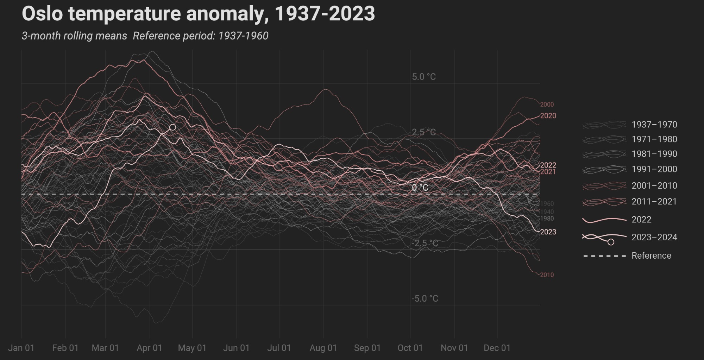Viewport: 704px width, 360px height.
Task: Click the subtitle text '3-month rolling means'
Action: point(74,36)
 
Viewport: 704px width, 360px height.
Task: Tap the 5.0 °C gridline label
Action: point(424,77)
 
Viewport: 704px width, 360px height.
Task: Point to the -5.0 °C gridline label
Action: point(425,298)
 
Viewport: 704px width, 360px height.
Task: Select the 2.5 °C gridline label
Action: point(424,132)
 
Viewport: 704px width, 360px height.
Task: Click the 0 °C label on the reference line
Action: point(420,188)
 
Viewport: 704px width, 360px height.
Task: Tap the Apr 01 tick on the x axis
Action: point(149,348)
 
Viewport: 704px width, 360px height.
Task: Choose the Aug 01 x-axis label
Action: point(323,348)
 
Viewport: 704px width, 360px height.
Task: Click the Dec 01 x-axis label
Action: point(497,348)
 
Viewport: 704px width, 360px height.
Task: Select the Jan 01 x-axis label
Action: point(21,348)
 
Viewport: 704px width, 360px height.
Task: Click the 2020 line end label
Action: point(548,116)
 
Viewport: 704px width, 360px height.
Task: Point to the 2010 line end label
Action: point(547,275)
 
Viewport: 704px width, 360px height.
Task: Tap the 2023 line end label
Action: point(548,232)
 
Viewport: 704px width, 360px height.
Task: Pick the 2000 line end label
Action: point(547,105)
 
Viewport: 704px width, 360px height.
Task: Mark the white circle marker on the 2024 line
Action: point(172,127)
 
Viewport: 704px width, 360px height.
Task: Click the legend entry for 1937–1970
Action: point(654,125)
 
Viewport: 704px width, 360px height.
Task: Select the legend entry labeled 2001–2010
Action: point(654,185)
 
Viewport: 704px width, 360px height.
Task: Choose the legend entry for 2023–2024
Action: point(654,237)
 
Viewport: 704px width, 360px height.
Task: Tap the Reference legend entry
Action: point(651,255)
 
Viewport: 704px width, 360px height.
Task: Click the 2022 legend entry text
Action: point(641,220)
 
